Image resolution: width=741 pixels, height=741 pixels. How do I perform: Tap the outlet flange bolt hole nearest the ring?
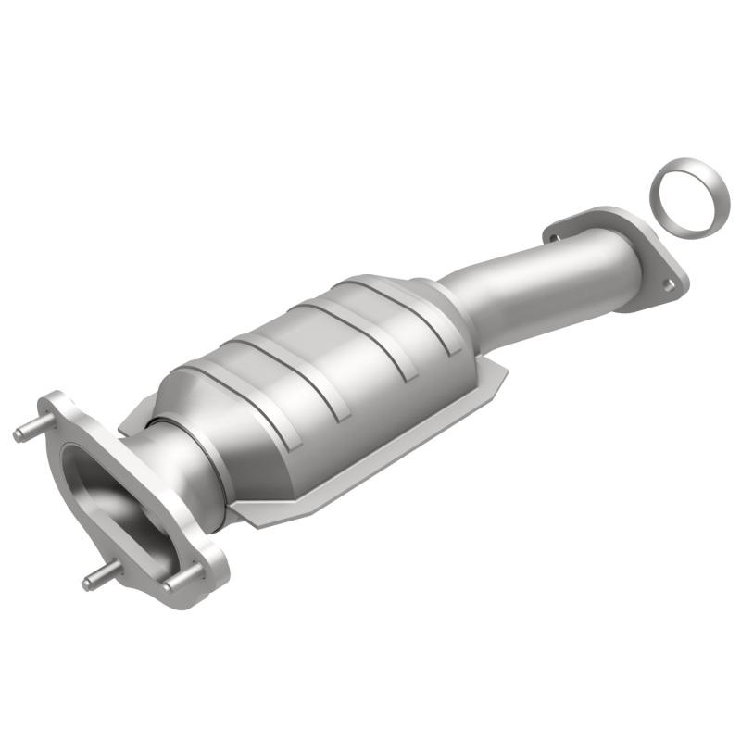668,285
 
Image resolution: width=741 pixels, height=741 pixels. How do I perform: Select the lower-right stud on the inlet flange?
176,581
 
